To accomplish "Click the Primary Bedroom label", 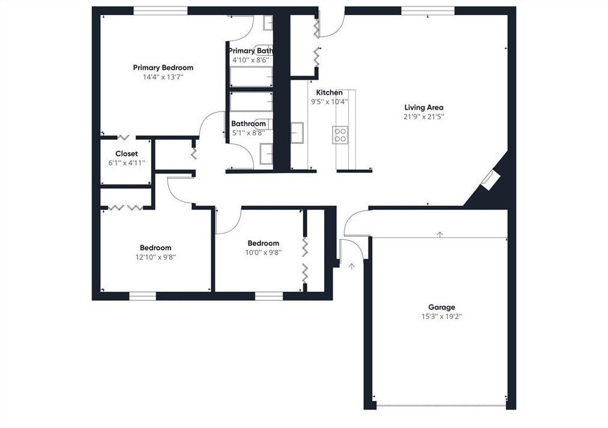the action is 163,68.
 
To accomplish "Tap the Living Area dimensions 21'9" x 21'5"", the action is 424,116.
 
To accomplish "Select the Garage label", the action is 442,307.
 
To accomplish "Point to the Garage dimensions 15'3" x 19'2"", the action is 442,317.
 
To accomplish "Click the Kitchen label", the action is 329,92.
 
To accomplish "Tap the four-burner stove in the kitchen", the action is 340,135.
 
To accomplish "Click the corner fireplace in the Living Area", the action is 490,180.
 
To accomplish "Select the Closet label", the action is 127,154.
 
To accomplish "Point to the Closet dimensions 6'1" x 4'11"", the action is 127,163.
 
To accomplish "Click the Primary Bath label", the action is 250,51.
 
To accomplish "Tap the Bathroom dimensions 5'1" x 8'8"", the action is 248,133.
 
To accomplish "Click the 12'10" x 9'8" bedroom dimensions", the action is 155,257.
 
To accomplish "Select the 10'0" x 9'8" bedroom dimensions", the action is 263,252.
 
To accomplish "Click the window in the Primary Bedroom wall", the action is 160,11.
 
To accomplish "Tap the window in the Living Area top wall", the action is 428,11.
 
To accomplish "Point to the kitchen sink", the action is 297,133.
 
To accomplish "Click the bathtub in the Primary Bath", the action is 251,77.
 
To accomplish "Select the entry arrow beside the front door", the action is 352,267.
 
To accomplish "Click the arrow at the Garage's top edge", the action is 440,234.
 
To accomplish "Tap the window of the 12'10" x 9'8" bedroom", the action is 142,296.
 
